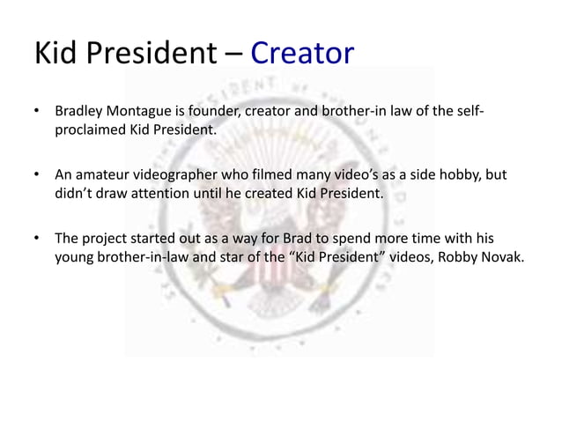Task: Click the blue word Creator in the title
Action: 302,54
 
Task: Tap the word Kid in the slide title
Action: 55,54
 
